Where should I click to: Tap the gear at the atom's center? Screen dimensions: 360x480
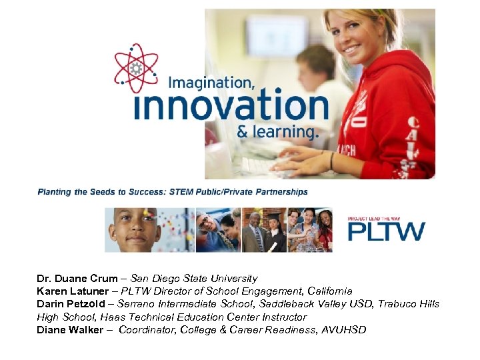pos(137,69)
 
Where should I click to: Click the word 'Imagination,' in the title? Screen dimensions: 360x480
pos(211,83)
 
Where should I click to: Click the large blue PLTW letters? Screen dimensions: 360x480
pos(386,231)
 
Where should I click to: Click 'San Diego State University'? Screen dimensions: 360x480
pos(194,279)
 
